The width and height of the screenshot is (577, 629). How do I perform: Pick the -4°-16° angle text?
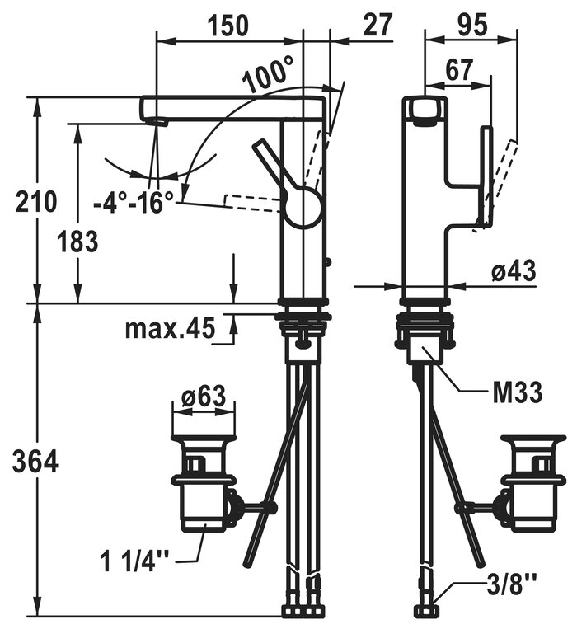133,200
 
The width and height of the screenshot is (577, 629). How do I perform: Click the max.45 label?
170,329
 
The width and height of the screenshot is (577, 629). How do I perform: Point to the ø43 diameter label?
514,270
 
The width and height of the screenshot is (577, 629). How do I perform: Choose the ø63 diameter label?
203,397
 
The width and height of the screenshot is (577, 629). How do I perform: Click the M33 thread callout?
517,393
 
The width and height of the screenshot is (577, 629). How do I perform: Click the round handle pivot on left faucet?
303,204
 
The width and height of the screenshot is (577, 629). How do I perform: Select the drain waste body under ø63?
203,495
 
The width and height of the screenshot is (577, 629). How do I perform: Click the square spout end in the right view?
425,110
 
